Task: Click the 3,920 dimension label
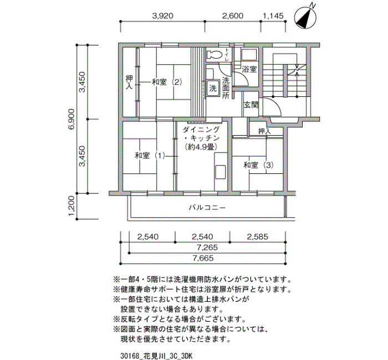[162, 16]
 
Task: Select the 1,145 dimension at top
[273, 16]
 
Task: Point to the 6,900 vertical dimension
[72, 119]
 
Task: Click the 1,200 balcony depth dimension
[72, 205]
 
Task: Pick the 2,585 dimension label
[257, 236]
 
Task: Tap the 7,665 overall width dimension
[203, 258]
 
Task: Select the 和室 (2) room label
[167, 82]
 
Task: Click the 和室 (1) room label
[150, 156]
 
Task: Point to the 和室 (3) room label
[259, 165]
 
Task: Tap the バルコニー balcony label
[207, 208]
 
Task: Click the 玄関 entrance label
[251, 105]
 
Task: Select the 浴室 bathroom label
[249, 69]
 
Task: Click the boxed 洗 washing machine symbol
[213, 88]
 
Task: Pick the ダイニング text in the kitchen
[201, 129]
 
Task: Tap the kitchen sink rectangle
[221, 172]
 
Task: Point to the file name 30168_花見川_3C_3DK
[156, 356]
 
